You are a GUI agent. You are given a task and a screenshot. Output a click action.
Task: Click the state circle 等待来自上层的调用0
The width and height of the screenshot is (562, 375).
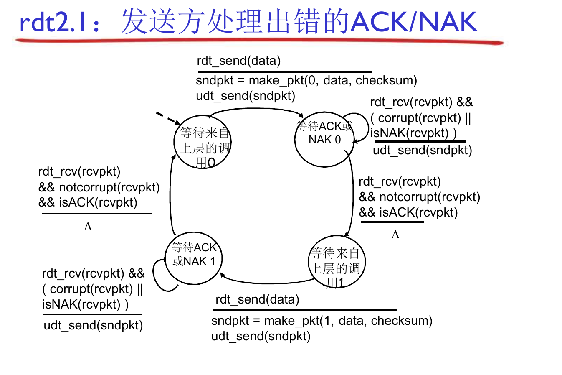click(203, 142)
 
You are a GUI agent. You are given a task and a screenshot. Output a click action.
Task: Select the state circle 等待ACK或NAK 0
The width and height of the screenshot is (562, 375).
click(324, 139)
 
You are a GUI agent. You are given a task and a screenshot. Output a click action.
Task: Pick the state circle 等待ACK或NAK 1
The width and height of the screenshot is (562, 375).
click(193, 258)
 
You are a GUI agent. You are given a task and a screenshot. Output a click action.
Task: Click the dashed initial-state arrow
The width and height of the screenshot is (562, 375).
click(167, 117)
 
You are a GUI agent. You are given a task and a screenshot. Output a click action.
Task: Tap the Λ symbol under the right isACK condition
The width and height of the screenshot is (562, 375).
click(395, 235)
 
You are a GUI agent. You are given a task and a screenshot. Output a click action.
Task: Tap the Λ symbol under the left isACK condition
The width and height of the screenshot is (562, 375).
click(88, 227)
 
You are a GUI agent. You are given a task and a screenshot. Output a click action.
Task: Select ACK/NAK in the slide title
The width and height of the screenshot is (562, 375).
click(413, 22)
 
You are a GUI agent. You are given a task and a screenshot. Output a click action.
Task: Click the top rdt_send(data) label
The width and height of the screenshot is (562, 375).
click(239, 61)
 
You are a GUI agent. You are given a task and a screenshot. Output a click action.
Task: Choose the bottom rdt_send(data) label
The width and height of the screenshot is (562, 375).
click(257, 299)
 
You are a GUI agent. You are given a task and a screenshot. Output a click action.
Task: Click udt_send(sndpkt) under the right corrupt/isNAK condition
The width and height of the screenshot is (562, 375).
click(422, 150)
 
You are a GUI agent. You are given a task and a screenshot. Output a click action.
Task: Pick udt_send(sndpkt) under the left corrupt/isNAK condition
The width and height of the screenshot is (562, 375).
click(93, 325)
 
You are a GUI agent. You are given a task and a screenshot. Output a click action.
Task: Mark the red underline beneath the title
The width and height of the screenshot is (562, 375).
click(259, 41)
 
